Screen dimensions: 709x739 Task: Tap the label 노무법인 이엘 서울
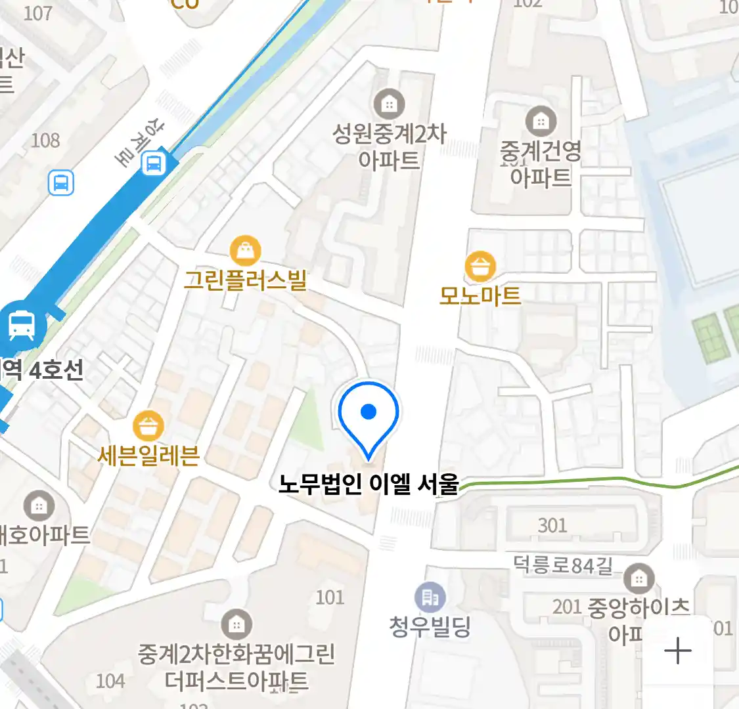click(x=369, y=484)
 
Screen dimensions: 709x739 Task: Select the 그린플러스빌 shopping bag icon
click(x=246, y=251)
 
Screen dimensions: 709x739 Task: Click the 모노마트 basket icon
click(x=480, y=267)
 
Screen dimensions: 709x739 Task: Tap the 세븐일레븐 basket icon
click(x=148, y=426)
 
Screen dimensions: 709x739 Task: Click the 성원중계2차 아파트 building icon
click(x=389, y=104)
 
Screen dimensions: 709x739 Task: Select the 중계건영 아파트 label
click(x=541, y=164)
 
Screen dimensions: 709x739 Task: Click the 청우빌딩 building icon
click(x=430, y=597)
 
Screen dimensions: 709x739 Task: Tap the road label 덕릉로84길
click(x=562, y=565)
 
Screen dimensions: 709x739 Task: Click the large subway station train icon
click(x=22, y=325)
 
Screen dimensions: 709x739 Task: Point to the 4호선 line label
click(x=56, y=370)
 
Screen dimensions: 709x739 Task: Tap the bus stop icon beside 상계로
click(x=154, y=163)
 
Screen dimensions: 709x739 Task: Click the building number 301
click(x=552, y=525)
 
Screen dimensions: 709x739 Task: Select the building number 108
click(x=45, y=140)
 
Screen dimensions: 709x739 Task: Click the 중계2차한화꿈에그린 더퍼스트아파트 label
click(x=236, y=667)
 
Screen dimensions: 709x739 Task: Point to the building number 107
click(x=37, y=13)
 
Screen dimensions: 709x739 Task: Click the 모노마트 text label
click(x=480, y=295)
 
